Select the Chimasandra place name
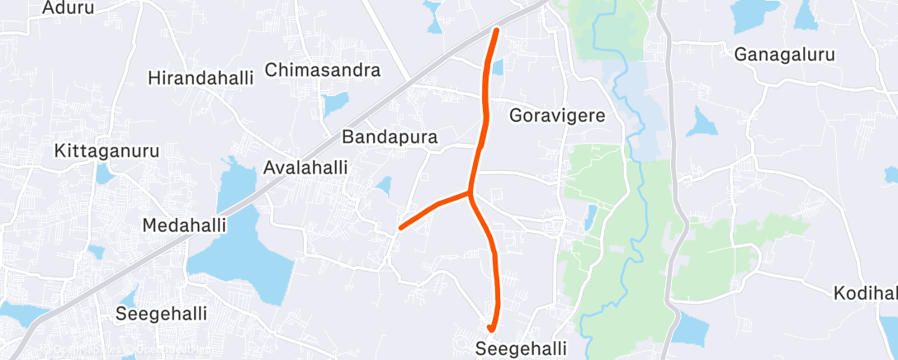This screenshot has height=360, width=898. pos(323,69)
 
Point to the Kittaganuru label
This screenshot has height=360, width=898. pos(106,151)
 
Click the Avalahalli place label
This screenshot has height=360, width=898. pos(305,167)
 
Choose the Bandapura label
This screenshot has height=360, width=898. pos(390,135)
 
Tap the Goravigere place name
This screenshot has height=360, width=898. pos(557,115)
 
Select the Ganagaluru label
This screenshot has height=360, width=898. pos(785,54)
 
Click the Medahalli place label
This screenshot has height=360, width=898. pos(185,225)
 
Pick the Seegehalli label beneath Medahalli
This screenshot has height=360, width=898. pos(161,314)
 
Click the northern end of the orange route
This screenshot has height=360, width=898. pos(496,31)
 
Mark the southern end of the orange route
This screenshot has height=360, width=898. pos(491,329)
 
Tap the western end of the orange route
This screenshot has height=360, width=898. pos(400,227)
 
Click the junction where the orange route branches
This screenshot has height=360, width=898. pos(470,195)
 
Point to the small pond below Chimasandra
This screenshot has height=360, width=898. pos(335,103)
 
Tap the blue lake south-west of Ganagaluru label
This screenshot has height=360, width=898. pos(702,123)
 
